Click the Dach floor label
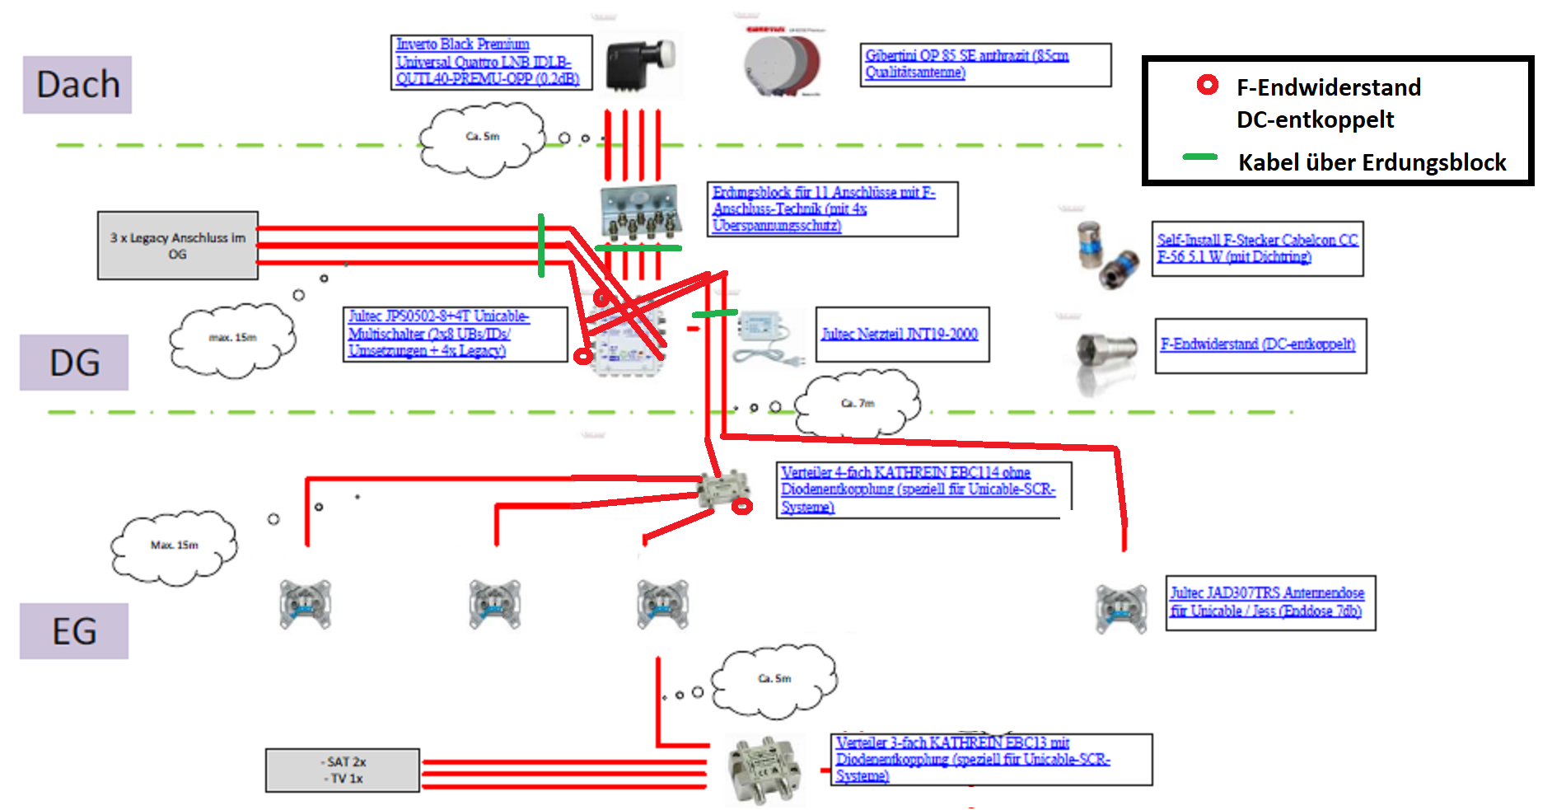pos(77,84)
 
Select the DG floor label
pos(74,363)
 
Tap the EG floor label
pos(74,631)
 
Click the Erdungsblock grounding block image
pos(640,213)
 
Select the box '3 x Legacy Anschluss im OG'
pos(178,246)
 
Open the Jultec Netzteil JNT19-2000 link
pos(900,334)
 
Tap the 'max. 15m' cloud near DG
pos(232,338)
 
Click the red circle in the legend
pos(1208,85)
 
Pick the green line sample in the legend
pos(1199,157)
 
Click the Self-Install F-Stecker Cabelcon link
pos(1257,248)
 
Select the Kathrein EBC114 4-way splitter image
pos(723,489)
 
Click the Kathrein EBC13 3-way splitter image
pos(765,770)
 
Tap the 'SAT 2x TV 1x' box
pos(343,770)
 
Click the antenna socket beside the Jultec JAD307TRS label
pos(1121,608)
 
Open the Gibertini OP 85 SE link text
pos(966,63)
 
